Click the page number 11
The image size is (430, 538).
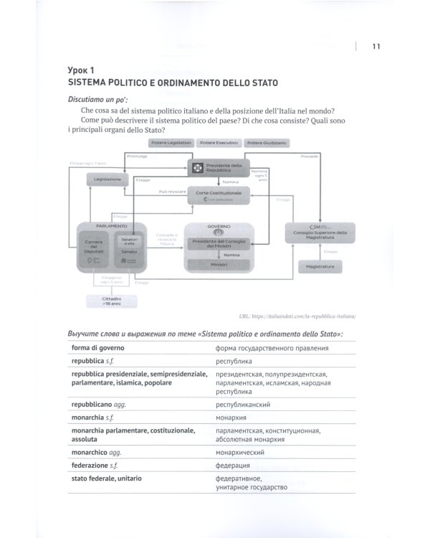376,47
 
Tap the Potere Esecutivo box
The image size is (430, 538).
217,143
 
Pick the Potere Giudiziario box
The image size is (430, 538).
267,143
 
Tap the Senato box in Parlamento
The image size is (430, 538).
129,252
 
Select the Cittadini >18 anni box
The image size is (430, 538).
110,301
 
